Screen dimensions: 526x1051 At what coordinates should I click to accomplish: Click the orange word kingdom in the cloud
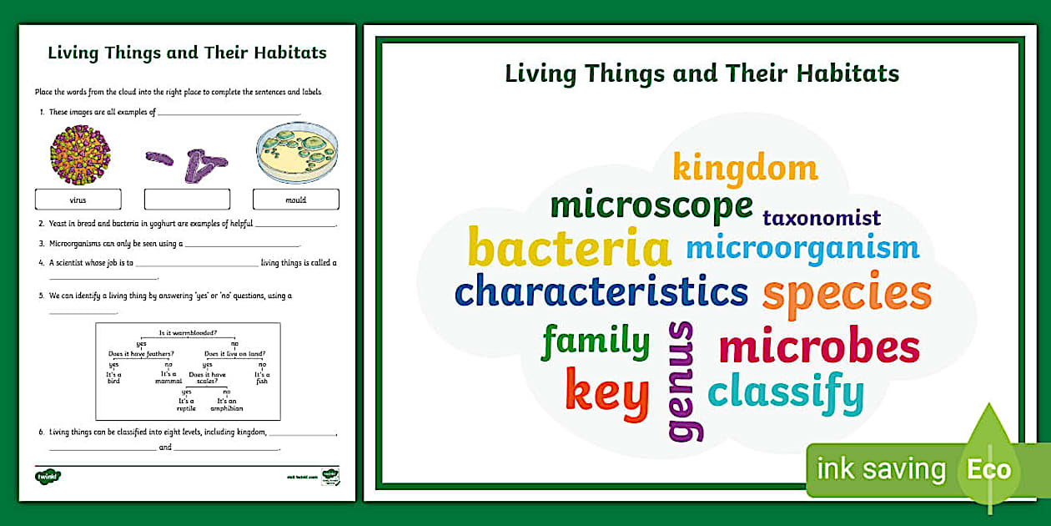point(745,169)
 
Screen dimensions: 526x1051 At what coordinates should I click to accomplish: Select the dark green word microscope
point(651,205)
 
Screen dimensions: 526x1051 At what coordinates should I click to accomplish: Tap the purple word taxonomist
point(822,219)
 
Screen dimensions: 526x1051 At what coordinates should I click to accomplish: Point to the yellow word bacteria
point(570,249)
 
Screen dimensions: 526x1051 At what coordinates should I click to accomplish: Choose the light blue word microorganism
point(802,248)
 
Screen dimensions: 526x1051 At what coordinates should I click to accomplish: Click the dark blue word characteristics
point(601,291)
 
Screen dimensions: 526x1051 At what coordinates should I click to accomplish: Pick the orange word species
point(847,294)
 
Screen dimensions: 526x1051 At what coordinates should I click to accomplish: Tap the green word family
point(595,341)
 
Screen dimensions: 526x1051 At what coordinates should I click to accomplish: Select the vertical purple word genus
point(683,381)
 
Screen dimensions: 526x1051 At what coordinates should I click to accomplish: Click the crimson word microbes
point(818,347)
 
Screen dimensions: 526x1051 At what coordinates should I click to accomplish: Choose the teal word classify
point(786,393)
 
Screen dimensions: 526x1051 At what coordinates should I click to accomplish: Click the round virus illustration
point(80,154)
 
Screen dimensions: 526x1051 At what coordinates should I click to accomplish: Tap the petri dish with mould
point(296,153)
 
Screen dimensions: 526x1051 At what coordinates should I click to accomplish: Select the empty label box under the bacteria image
point(187,200)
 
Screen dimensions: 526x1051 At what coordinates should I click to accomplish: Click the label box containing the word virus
point(78,200)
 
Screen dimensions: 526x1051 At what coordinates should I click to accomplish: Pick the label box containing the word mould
point(296,200)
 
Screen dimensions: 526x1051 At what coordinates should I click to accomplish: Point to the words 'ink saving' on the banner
point(881,469)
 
